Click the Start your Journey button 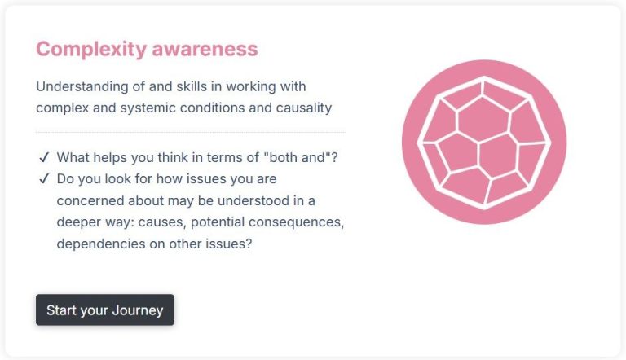(105, 310)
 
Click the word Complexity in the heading (91, 50)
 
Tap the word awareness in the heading (205, 49)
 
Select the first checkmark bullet (44, 158)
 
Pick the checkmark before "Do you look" (44, 179)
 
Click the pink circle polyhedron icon (484, 142)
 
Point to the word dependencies (101, 244)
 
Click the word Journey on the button (138, 310)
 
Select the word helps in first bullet (109, 158)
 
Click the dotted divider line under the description (191, 132)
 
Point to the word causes (162, 222)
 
